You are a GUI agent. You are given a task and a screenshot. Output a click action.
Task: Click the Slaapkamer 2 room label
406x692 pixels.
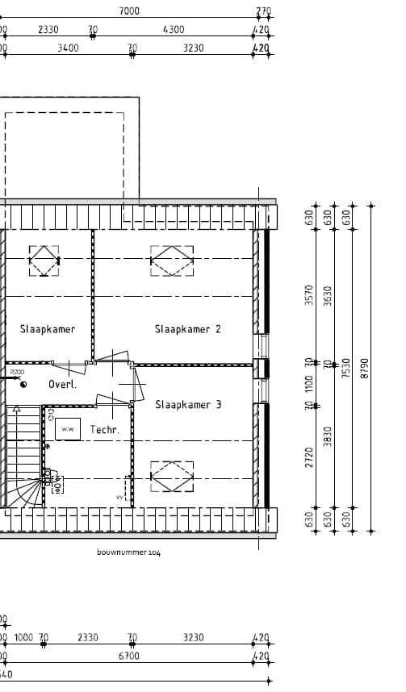(x=187, y=329)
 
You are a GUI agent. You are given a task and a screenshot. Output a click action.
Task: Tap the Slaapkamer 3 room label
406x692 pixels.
(x=187, y=405)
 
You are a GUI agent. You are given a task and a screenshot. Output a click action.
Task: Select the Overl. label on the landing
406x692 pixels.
(x=62, y=385)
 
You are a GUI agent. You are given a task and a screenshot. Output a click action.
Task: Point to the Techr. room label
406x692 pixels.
(x=105, y=430)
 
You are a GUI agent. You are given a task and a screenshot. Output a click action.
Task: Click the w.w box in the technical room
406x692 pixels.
(x=68, y=429)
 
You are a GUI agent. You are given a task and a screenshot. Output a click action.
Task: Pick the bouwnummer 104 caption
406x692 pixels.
(x=128, y=552)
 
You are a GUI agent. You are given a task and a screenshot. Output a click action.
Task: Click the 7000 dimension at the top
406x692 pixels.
(x=129, y=11)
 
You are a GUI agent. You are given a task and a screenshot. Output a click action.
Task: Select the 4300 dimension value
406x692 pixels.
(x=174, y=30)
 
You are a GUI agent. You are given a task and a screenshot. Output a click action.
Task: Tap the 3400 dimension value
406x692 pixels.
(x=69, y=48)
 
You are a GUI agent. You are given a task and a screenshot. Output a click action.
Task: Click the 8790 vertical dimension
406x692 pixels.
(x=364, y=368)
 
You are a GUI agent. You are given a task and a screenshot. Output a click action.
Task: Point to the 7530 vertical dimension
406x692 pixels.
(x=346, y=368)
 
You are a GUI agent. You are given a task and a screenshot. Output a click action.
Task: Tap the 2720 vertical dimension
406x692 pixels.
(x=308, y=456)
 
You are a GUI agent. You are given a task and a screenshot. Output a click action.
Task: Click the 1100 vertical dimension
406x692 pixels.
(x=308, y=384)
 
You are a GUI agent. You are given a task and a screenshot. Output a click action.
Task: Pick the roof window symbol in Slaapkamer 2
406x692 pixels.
(x=172, y=261)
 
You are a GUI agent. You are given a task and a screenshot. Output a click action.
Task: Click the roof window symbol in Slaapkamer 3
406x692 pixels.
(x=173, y=476)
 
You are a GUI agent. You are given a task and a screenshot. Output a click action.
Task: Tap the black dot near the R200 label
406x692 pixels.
(x=23, y=385)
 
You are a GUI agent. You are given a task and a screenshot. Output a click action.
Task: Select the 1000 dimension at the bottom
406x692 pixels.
(x=23, y=638)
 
